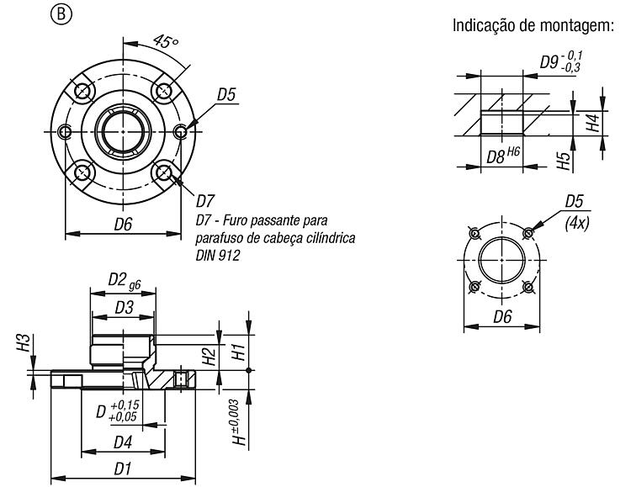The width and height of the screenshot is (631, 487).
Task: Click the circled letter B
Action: (61, 14)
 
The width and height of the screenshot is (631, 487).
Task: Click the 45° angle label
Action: (166, 40)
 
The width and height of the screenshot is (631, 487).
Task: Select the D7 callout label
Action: (205, 201)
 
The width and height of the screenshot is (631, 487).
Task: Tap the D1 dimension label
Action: (123, 468)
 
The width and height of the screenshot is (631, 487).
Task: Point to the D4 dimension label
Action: (123, 442)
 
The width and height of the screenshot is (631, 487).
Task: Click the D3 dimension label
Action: (124, 308)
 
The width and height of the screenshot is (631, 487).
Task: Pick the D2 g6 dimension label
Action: (125, 280)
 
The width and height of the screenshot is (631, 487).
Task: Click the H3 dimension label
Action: (24, 342)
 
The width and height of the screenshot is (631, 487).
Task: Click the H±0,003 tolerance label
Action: (240, 422)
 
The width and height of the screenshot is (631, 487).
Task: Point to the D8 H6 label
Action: (503, 156)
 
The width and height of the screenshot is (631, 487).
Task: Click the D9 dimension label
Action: (561, 61)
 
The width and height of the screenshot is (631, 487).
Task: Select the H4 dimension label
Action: (593, 123)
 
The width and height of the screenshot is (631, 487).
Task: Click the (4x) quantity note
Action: (577, 223)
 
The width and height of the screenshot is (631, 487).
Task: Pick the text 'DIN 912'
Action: (218, 255)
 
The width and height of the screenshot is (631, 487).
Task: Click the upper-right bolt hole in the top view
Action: (164, 91)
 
